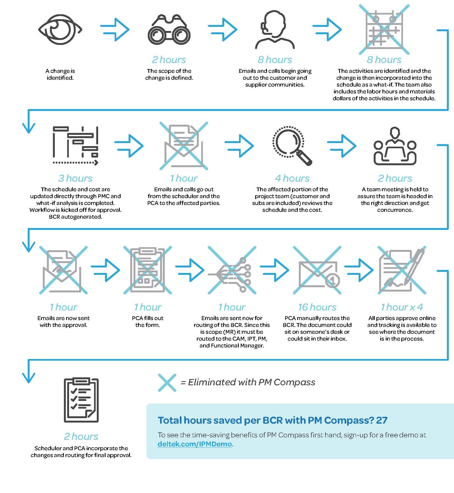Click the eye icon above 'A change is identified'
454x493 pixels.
click(x=60, y=30)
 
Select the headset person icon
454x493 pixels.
click(x=275, y=30)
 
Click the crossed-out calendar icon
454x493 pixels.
click(x=384, y=30)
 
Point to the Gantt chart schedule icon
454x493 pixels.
click(x=75, y=146)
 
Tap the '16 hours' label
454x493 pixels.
click(x=317, y=307)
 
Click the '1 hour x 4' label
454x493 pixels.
click(x=402, y=307)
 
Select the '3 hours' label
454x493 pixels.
click(x=75, y=178)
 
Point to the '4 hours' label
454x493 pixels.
click(x=292, y=178)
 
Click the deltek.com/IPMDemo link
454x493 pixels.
click(x=195, y=444)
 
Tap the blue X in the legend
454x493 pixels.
click(x=167, y=383)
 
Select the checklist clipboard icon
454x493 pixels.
click(x=81, y=400)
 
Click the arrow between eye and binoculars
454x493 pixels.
click(x=115, y=30)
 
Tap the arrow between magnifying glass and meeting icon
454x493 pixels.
click(x=342, y=146)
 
